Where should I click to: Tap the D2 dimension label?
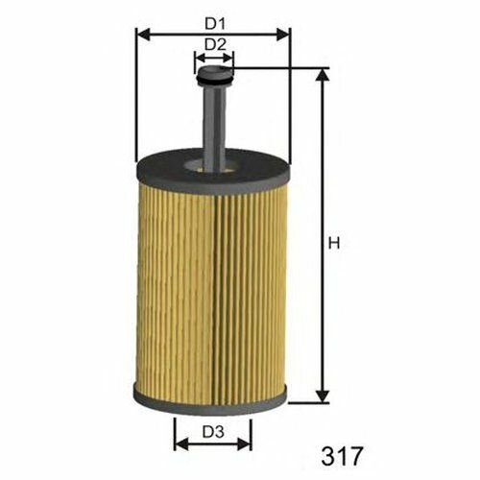click(x=215, y=44)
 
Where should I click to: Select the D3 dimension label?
click(x=213, y=432)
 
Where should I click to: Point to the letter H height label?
click(x=334, y=244)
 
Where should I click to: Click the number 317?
click(x=342, y=456)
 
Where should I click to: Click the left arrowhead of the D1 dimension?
click(x=143, y=35)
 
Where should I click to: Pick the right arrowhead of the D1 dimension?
click(x=284, y=35)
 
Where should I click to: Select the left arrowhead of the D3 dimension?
click(x=181, y=444)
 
